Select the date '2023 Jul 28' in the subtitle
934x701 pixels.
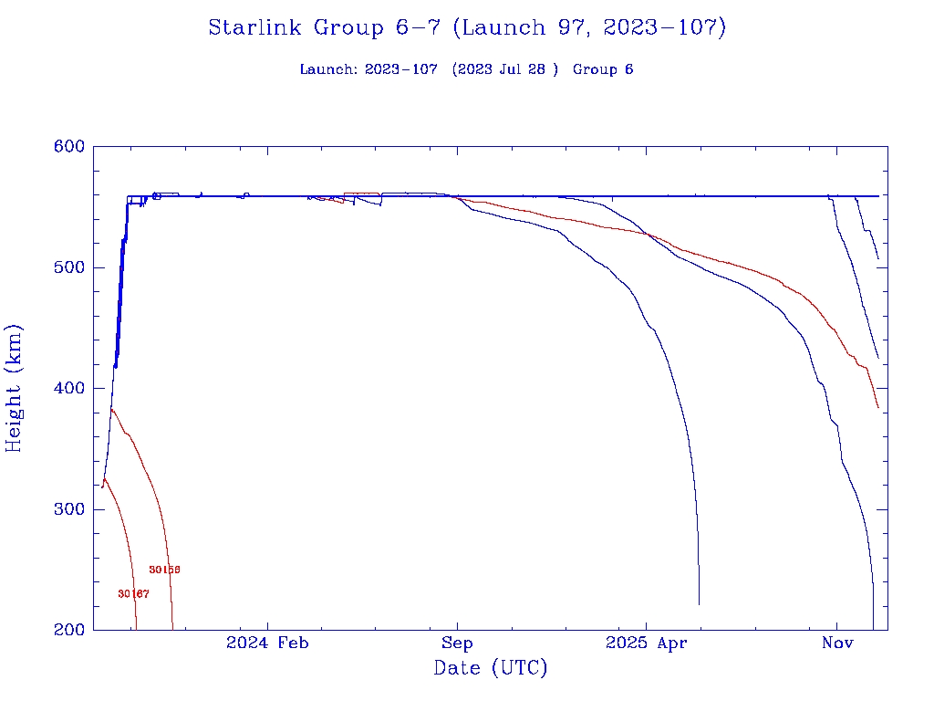click(504, 69)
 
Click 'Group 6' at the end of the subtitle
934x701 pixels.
click(603, 69)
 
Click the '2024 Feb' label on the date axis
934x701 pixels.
click(267, 643)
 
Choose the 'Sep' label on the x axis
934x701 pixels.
click(457, 643)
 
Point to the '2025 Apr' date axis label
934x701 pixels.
click(646, 643)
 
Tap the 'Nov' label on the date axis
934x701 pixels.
click(836, 643)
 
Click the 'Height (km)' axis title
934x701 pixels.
click(15, 388)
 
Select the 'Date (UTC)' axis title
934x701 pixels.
click(491, 669)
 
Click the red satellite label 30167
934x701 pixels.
click(133, 594)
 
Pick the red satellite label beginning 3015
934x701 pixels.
click(164, 570)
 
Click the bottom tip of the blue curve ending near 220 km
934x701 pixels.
click(699, 603)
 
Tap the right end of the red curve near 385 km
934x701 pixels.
click(877, 407)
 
